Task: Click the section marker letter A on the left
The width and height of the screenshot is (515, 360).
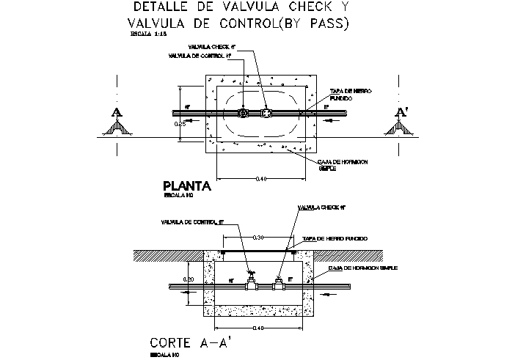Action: click(x=116, y=112)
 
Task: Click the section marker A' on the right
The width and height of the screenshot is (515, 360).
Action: click(x=401, y=112)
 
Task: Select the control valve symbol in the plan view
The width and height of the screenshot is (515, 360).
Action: click(x=242, y=114)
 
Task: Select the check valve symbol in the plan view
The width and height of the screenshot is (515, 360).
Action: click(x=266, y=114)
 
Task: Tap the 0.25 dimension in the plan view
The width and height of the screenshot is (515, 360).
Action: click(x=180, y=125)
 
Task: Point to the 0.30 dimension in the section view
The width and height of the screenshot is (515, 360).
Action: click(x=257, y=238)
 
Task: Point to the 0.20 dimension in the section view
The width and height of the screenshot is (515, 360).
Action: click(x=187, y=279)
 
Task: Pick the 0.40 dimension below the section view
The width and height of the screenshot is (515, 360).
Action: click(x=257, y=328)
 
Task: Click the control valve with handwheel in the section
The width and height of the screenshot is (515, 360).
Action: click(x=252, y=279)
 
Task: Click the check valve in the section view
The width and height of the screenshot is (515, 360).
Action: click(x=279, y=282)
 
